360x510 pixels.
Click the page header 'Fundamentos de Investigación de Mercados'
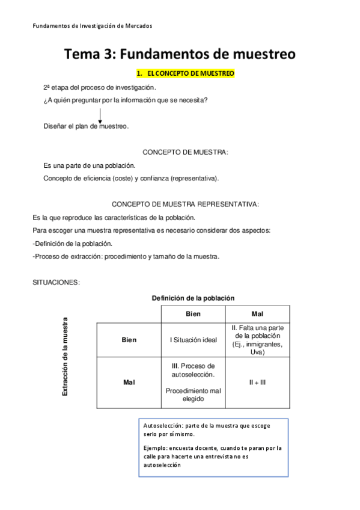(92, 26)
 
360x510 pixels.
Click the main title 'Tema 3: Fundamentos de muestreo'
(180, 54)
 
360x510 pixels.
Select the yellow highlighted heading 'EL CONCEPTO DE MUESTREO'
(186, 73)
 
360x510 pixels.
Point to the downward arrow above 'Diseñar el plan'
(100, 115)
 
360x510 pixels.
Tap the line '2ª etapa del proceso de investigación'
(99, 87)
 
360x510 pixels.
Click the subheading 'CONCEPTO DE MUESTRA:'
(185, 152)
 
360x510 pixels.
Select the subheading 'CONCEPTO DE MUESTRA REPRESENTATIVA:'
(185, 204)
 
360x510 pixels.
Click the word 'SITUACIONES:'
(56, 283)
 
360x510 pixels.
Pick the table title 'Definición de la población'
(193, 298)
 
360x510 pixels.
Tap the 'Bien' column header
(193, 315)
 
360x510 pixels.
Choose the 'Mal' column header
(257, 315)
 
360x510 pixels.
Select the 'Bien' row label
(129, 340)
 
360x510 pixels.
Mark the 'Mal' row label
(129, 382)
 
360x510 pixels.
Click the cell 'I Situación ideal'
(193, 340)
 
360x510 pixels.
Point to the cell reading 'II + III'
(257, 382)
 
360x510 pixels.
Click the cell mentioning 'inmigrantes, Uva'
(257, 340)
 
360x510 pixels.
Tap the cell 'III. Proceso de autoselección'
(193, 370)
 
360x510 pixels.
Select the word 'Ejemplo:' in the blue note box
(156, 448)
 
